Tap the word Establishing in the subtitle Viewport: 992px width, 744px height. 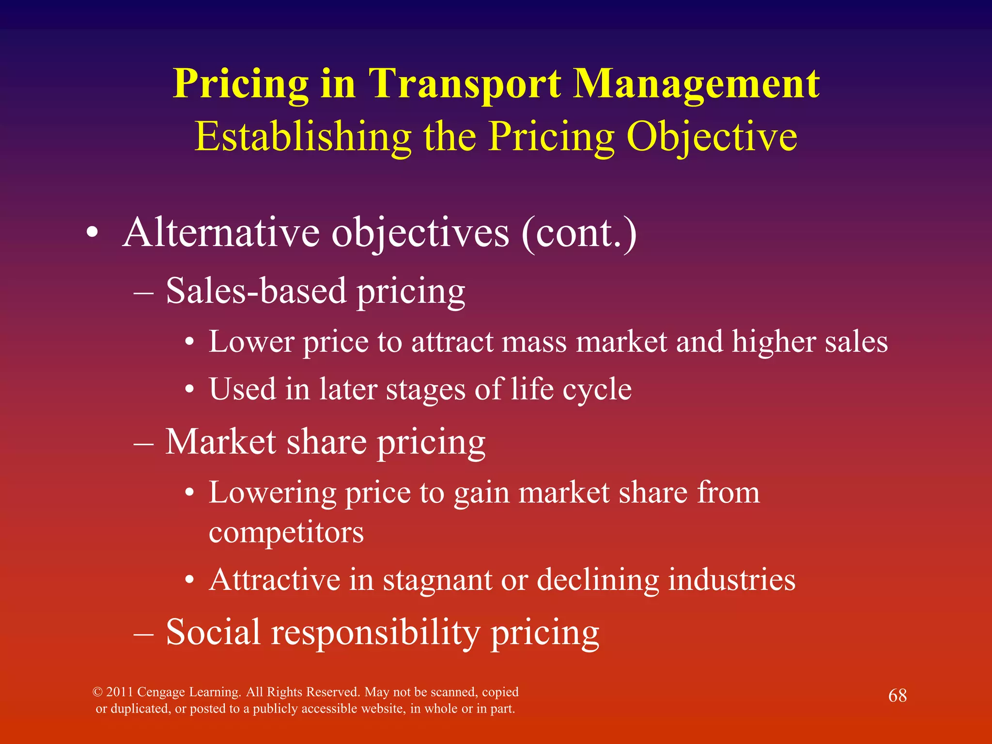coord(303,137)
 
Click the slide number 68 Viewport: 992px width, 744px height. coord(897,696)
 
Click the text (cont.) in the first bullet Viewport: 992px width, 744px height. coord(579,233)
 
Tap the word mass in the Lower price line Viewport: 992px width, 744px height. coord(534,342)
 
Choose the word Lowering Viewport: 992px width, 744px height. coord(272,493)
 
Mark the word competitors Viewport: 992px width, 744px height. coord(286,532)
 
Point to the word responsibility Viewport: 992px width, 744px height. coord(375,633)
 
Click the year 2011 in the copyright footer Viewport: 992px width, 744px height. coord(120,692)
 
